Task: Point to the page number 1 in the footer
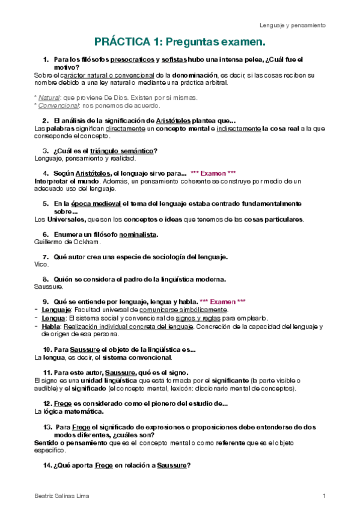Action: (x=324, y=495)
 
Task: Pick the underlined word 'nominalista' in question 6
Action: (x=138, y=234)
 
